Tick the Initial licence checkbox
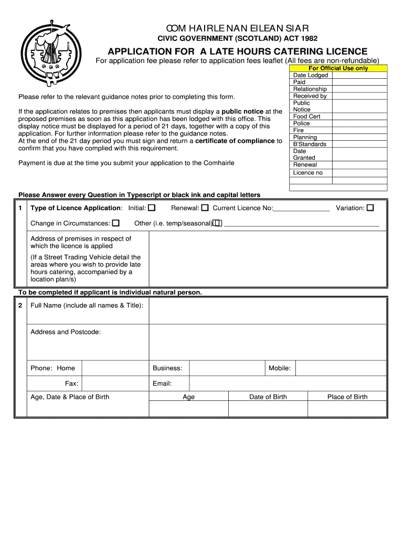tap(152, 208)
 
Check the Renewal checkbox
tap(205, 208)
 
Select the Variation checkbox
tap(370, 208)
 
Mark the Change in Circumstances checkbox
tap(116, 223)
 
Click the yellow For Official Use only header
tap(338, 68)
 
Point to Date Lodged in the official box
tap(311, 75)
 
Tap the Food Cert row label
tap(306, 117)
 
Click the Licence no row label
tap(308, 173)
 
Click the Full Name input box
tap(268, 311)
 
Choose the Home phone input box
tap(115, 368)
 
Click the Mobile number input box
tap(341, 368)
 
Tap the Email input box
tap(288, 384)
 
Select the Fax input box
tap(115, 384)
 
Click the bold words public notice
tap(242, 111)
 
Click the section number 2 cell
tap(20, 305)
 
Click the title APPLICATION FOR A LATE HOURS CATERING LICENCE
tap(238, 51)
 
